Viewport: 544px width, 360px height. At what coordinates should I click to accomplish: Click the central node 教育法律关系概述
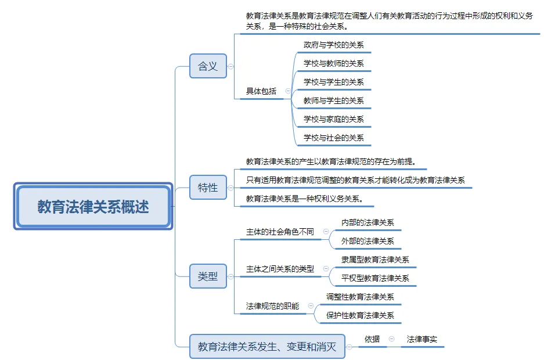coord(93,206)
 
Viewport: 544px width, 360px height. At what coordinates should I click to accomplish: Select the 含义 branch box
coord(208,66)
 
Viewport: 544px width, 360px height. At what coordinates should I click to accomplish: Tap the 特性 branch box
coord(208,188)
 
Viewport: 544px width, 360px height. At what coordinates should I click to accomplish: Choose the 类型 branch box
coord(208,276)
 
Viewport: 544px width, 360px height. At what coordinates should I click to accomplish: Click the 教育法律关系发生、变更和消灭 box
coord(267,347)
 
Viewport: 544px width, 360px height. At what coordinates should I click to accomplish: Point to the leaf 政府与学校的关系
coord(333,45)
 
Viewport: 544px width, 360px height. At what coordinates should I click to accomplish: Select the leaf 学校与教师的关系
coord(333,63)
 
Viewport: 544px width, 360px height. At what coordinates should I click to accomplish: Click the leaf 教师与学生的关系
coord(333,100)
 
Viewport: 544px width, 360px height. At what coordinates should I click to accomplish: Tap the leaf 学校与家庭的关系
coord(333,119)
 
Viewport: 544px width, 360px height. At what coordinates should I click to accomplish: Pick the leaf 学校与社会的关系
coord(333,138)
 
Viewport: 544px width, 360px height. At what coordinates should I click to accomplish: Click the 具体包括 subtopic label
coord(261,91)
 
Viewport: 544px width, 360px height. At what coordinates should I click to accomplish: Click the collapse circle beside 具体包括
coord(288,91)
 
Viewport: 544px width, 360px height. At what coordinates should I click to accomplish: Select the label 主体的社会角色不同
coord(280,232)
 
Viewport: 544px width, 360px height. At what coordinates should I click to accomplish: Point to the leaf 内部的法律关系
coord(368,222)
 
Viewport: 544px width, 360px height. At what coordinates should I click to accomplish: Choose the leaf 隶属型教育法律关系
coord(375,260)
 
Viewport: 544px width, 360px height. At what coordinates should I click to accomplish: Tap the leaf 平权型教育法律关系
coord(375,278)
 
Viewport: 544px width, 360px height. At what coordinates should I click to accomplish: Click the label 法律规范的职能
coord(272,306)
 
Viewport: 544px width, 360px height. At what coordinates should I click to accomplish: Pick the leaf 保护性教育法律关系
coord(360,315)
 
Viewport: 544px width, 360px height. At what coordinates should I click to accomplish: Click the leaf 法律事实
coord(422,339)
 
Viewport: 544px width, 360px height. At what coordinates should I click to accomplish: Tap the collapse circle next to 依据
coord(391,339)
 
